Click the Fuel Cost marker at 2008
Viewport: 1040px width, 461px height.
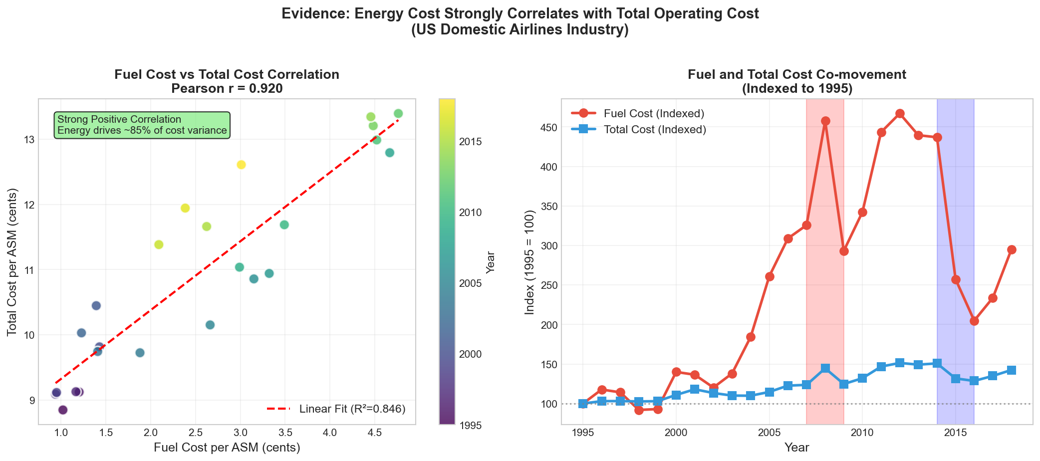(x=825, y=121)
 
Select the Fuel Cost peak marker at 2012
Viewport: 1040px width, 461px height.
(x=900, y=114)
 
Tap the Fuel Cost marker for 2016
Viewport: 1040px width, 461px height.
(x=974, y=321)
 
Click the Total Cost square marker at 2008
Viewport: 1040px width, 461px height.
(x=825, y=368)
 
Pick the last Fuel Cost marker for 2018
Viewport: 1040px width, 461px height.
(x=1012, y=249)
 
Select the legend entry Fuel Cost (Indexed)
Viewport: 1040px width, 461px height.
(x=654, y=114)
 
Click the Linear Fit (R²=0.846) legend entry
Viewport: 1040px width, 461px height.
(x=352, y=409)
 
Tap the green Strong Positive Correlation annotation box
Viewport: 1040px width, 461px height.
(x=142, y=125)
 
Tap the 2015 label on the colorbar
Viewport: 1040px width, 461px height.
(x=471, y=142)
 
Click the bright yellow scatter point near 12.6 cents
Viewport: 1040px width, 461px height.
(x=241, y=165)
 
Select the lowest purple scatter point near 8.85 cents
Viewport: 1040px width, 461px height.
(x=63, y=410)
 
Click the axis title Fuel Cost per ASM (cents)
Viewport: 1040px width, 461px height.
(x=227, y=448)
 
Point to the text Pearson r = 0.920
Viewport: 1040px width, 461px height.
(x=227, y=89)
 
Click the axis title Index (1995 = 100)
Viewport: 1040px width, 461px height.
(x=530, y=262)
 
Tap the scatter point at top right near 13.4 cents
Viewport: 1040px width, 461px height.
(x=398, y=114)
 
